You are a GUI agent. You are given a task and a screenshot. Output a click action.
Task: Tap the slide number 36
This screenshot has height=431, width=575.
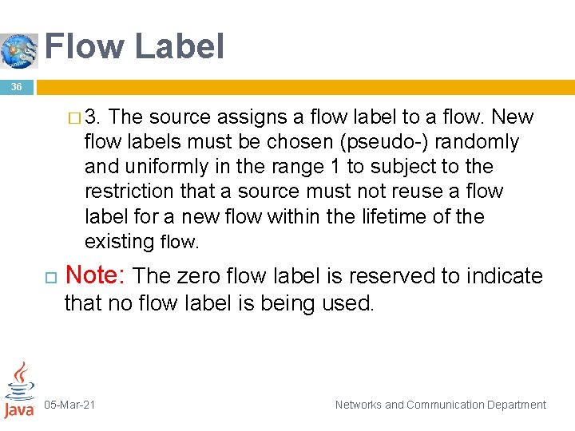(x=17, y=87)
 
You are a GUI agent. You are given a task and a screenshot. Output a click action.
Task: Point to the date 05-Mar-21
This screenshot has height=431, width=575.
(x=69, y=405)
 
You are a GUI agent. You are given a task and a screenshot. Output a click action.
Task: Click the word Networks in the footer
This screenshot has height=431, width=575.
(x=359, y=405)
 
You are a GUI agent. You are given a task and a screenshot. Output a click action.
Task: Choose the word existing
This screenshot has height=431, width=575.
(x=119, y=241)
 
